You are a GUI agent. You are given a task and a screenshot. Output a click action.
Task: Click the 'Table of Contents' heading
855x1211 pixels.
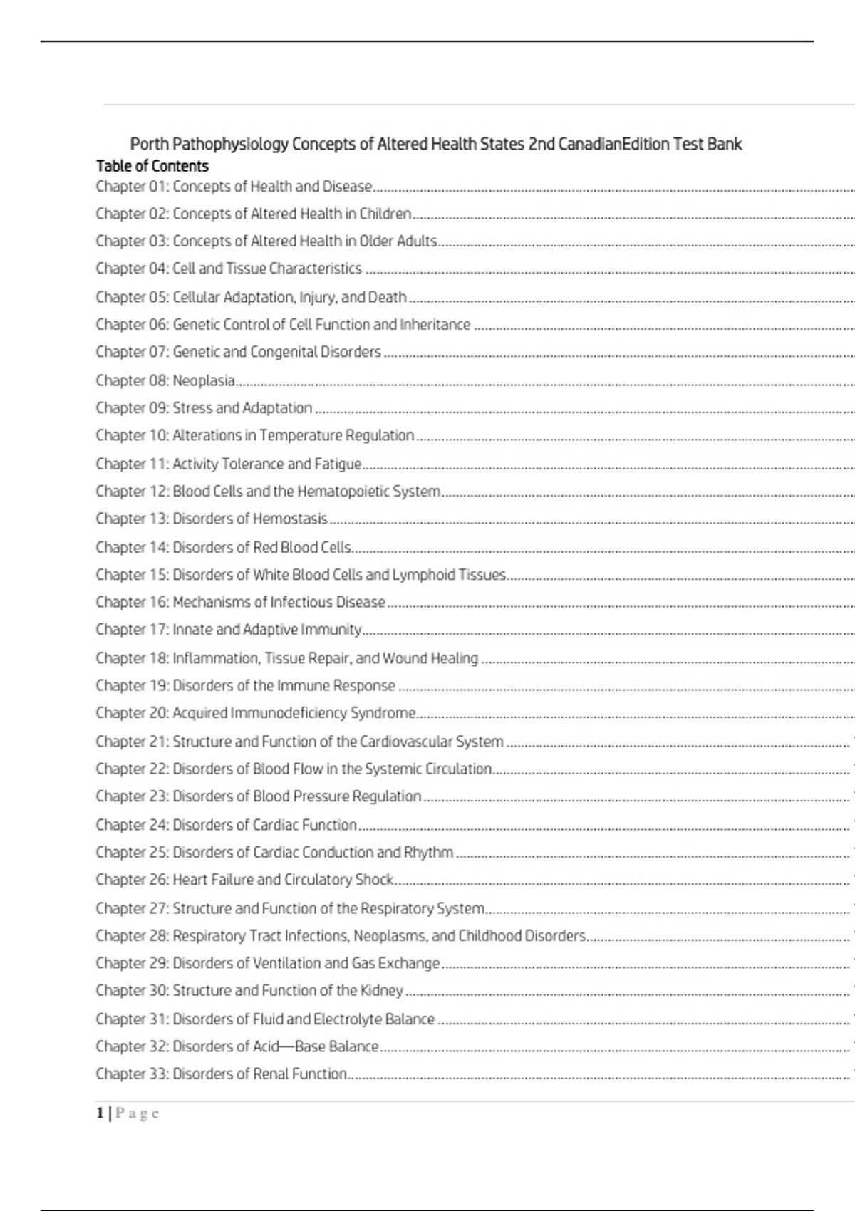pos(152,166)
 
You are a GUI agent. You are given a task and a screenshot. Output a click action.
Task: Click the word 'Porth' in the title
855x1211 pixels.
pos(149,144)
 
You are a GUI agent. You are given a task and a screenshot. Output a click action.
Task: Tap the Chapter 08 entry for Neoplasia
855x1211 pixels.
pos(165,380)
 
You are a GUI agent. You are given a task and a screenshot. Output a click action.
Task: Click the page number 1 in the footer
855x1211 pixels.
pos(100,1113)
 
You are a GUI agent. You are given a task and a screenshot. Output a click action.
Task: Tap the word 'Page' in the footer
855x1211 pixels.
pos(138,1113)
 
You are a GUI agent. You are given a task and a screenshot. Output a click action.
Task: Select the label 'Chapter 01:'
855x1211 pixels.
pos(132,187)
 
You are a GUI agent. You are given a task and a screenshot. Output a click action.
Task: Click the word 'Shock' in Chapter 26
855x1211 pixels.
pos(374,880)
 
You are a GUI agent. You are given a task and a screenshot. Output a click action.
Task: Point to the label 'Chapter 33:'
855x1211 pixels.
pos(132,1074)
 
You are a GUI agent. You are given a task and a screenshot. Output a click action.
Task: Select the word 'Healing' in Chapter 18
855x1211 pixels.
pos(454,658)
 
